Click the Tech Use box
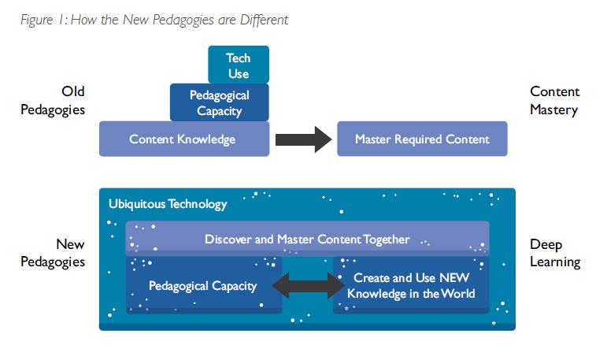pos(239,65)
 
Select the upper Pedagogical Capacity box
pos(219,102)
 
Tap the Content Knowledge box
pos(183,139)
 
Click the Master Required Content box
pos(422,139)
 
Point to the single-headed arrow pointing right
pos(303,139)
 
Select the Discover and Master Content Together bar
pos(307,239)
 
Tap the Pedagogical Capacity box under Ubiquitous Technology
pos(202,285)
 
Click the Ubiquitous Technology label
pos(167,204)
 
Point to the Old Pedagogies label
pos(52,101)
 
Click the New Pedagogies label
pos(52,253)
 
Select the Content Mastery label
pos(554,101)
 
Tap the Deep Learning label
pos(554,253)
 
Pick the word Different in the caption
pos(264,20)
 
